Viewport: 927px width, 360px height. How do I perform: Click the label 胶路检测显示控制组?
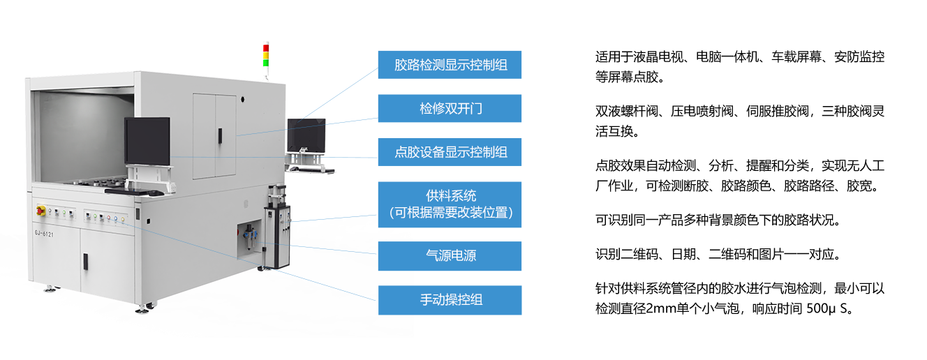(x=450, y=65)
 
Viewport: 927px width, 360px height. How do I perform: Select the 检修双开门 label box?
(x=450, y=109)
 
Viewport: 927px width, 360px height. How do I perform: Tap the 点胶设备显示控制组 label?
(x=450, y=152)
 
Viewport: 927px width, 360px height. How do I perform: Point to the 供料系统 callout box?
(x=450, y=204)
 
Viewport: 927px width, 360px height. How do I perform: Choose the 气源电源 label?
(x=450, y=256)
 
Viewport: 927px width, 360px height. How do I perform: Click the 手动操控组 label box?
(x=450, y=300)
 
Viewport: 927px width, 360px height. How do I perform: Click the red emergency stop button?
(x=40, y=209)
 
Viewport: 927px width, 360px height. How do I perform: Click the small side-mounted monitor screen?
(x=306, y=133)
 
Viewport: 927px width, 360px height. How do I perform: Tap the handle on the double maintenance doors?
(x=219, y=134)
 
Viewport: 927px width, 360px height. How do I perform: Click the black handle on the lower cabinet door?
(x=85, y=261)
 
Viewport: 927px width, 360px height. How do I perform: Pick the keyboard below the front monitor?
(x=147, y=191)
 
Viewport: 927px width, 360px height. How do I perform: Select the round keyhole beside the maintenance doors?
(x=242, y=100)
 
